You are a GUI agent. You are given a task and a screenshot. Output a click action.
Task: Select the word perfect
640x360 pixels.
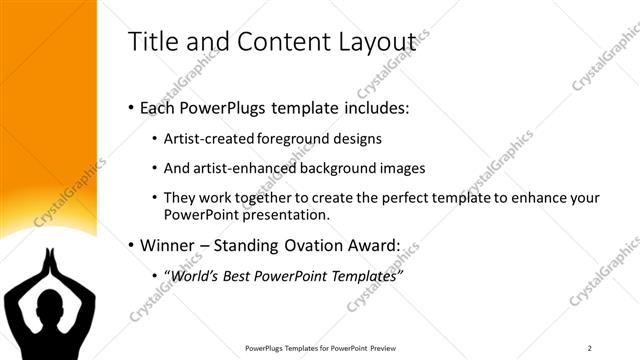coord(405,198)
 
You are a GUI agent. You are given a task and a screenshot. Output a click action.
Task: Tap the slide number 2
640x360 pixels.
coord(590,347)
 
